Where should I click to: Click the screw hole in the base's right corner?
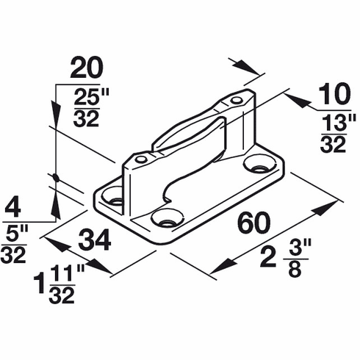(259, 163)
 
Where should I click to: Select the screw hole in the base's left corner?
(112, 196)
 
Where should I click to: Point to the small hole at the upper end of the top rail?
(236, 100)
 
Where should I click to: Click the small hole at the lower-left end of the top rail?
(140, 158)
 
